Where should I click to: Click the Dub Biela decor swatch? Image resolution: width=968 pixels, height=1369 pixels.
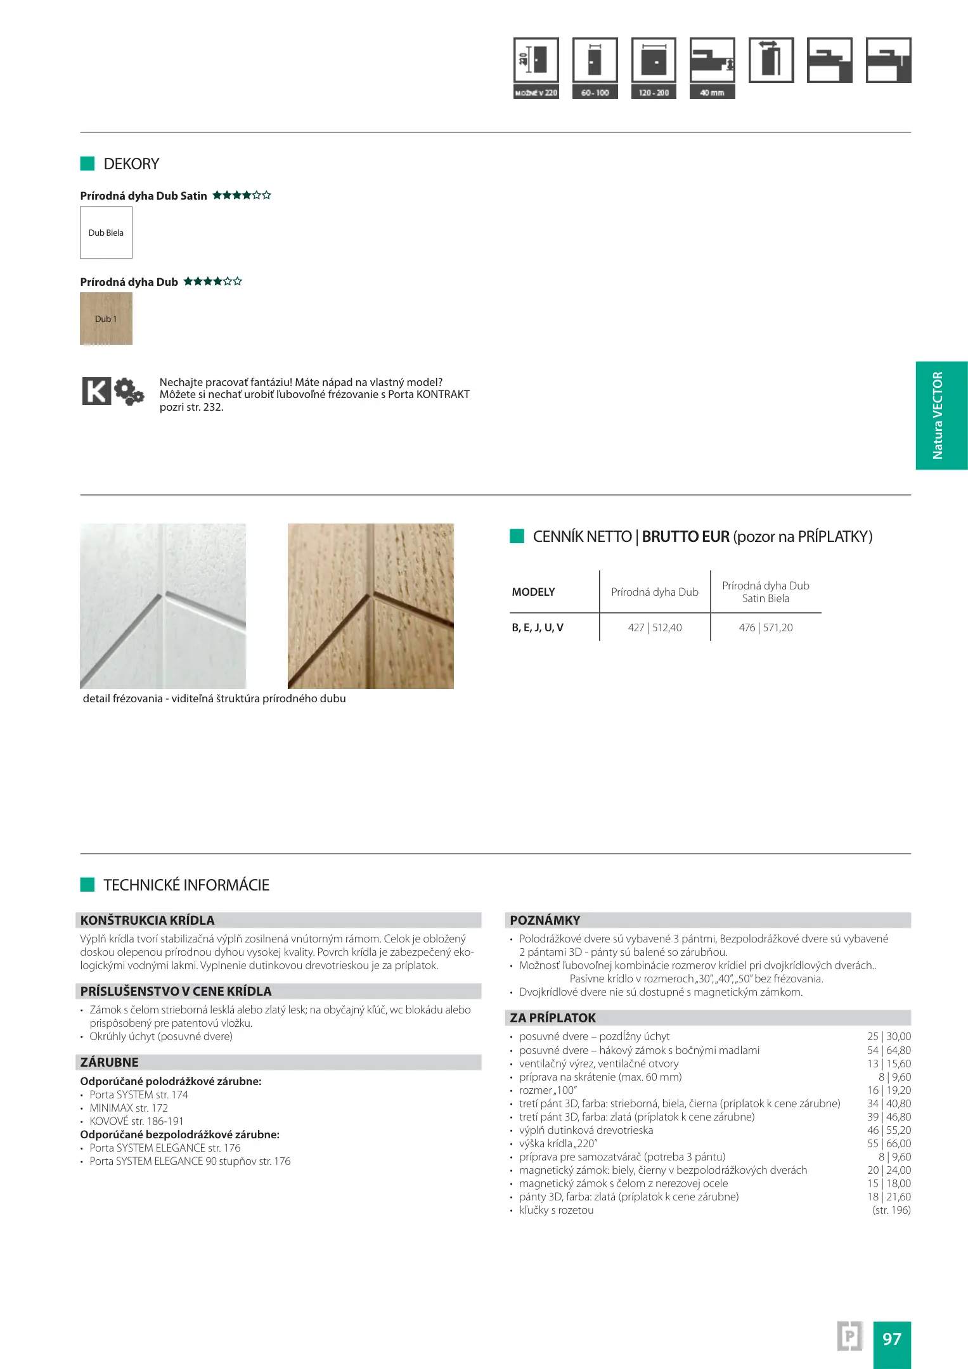coord(106,233)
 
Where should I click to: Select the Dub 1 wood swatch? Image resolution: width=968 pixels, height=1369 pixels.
coord(106,319)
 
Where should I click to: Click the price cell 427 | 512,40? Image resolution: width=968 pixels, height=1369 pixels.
coord(655,627)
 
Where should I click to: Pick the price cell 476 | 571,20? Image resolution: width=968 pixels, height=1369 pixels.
coord(765,627)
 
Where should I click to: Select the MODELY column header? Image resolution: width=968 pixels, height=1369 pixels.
coord(533,592)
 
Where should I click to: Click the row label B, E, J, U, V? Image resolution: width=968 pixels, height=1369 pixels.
coord(538,627)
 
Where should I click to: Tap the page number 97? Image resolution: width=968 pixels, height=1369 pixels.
coord(892,1339)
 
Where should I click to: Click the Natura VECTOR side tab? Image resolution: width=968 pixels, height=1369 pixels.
coord(941,415)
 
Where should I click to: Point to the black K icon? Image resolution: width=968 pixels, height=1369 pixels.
coord(96,390)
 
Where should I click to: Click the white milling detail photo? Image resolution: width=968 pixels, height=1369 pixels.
coord(163,606)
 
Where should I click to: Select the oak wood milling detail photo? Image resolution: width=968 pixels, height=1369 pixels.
coord(371,606)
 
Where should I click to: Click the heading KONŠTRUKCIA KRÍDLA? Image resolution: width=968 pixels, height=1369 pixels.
coord(148,920)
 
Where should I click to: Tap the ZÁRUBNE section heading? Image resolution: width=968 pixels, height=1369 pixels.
coord(110,1062)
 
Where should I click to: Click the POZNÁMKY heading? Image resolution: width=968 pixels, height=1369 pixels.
coord(545,920)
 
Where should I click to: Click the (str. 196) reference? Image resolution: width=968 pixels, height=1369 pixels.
coord(891,1210)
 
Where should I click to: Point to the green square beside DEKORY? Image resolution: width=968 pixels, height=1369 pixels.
coord(87,164)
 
